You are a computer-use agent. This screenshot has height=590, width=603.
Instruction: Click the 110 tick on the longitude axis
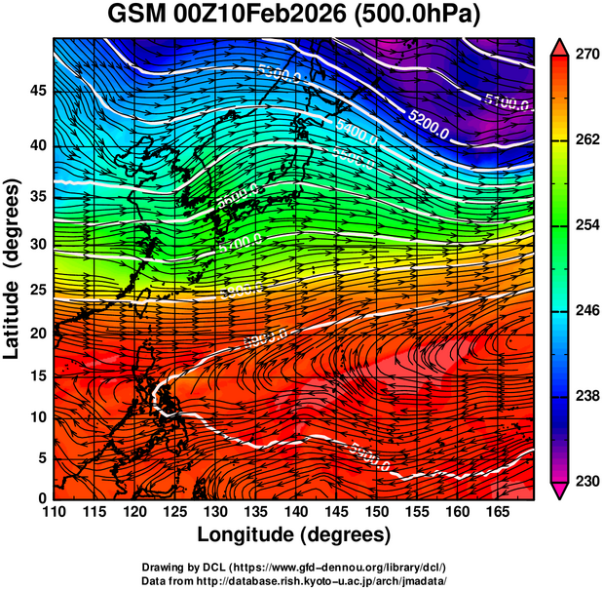point(55,513)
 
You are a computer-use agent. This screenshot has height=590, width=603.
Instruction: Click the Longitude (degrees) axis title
point(294,535)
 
